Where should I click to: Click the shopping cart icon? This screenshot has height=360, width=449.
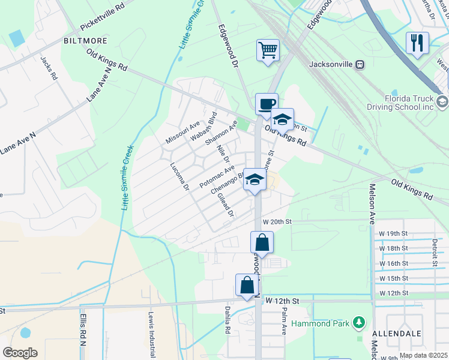pyautogui.click(x=268, y=50)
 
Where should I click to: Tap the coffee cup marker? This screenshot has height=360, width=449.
pyautogui.click(x=266, y=103)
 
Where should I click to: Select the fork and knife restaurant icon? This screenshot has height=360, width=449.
pyautogui.click(x=417, y=43)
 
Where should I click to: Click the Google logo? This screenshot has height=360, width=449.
pyautogui.click(x=20, y=353)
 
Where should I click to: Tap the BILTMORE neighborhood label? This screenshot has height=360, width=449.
pyautogui.click(x=85, y=41)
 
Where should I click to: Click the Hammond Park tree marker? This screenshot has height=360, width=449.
pyautogui.click(x=359, y=323)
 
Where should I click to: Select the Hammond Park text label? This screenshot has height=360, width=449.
pyautogui.click(x=319, y=323)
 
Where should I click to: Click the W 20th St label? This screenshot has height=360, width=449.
pyautogui.click(x=276, y=221)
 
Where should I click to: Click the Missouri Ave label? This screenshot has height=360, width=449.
pyautogui.click(x=182, y=132)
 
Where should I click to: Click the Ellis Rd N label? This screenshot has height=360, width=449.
pyautogui.click(x=82, y=329)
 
